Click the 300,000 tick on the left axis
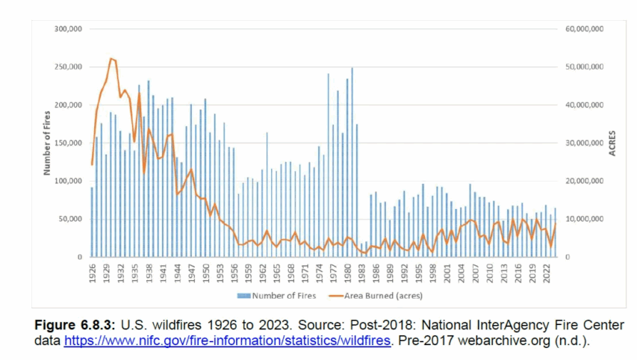pos(69,28)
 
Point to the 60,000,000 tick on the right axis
pos(586,28)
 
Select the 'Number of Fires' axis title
pos(46,142)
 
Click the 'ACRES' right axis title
pos(612,143)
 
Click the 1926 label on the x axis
pos(92,270)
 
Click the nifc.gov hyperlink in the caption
pos(226,341)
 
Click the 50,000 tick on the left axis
pos(71,219)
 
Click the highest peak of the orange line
pos(111,58)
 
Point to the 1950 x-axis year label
pos(205,270)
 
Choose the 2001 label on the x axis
pos(447,270)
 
